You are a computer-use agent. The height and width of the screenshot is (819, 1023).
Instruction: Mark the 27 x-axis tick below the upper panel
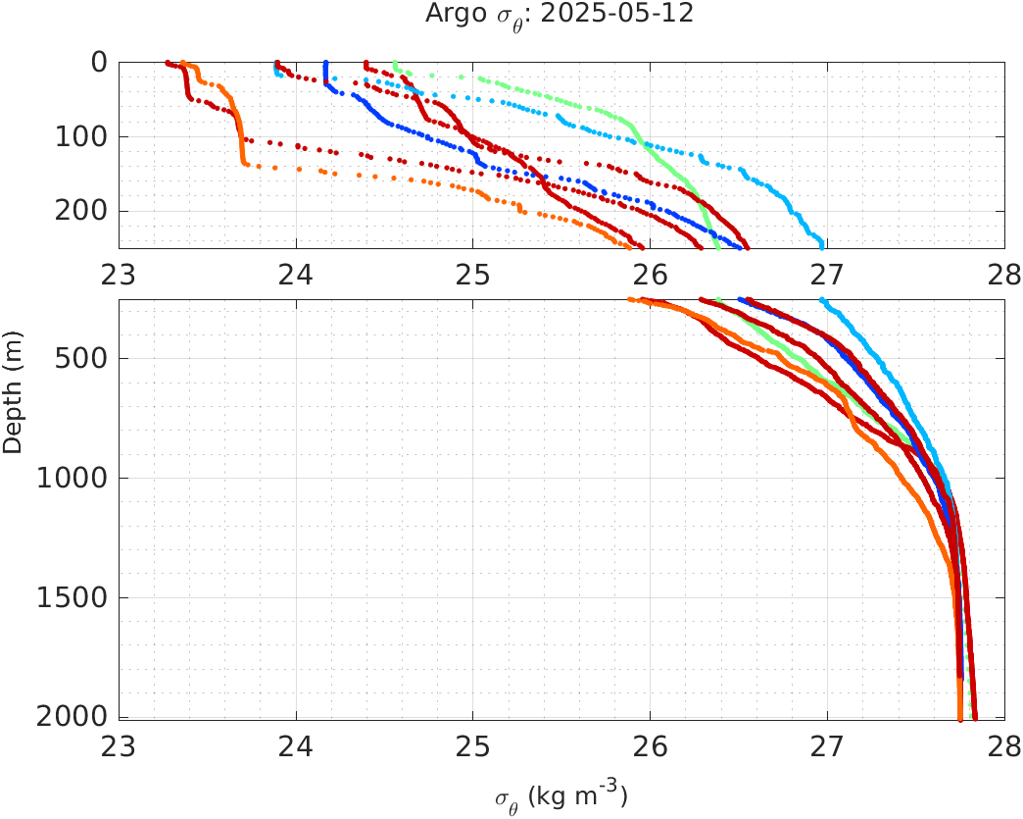[x=827, y=275]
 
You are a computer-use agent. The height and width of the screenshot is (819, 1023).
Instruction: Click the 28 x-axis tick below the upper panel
[x=1002, y=275]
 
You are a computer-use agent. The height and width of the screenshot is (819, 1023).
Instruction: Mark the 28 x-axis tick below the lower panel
[x=1002, y=748]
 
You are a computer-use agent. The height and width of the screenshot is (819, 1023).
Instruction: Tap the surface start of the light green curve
[x=395, y=64]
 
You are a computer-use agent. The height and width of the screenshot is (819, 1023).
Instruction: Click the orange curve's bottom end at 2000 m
[x=959, y=718]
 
